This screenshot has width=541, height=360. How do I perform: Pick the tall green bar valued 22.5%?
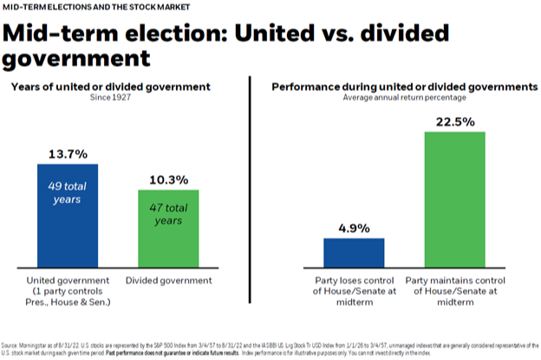point(453,199)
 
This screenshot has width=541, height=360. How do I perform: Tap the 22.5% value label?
point(453,121)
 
